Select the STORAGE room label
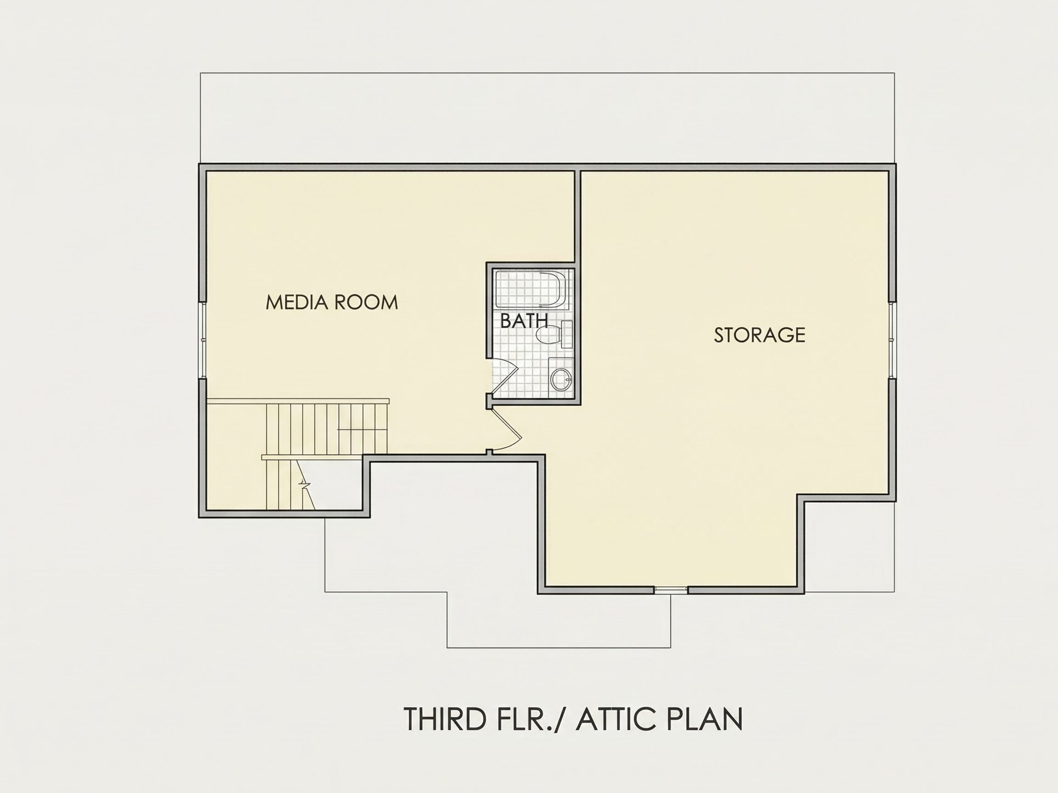760,335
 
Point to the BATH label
523,321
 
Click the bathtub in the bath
531,289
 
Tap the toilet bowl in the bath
548,334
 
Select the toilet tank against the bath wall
567,334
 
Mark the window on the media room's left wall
203,341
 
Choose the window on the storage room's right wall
892,341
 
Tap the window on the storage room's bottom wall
670,590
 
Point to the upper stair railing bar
298,401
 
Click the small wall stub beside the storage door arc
489,452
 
